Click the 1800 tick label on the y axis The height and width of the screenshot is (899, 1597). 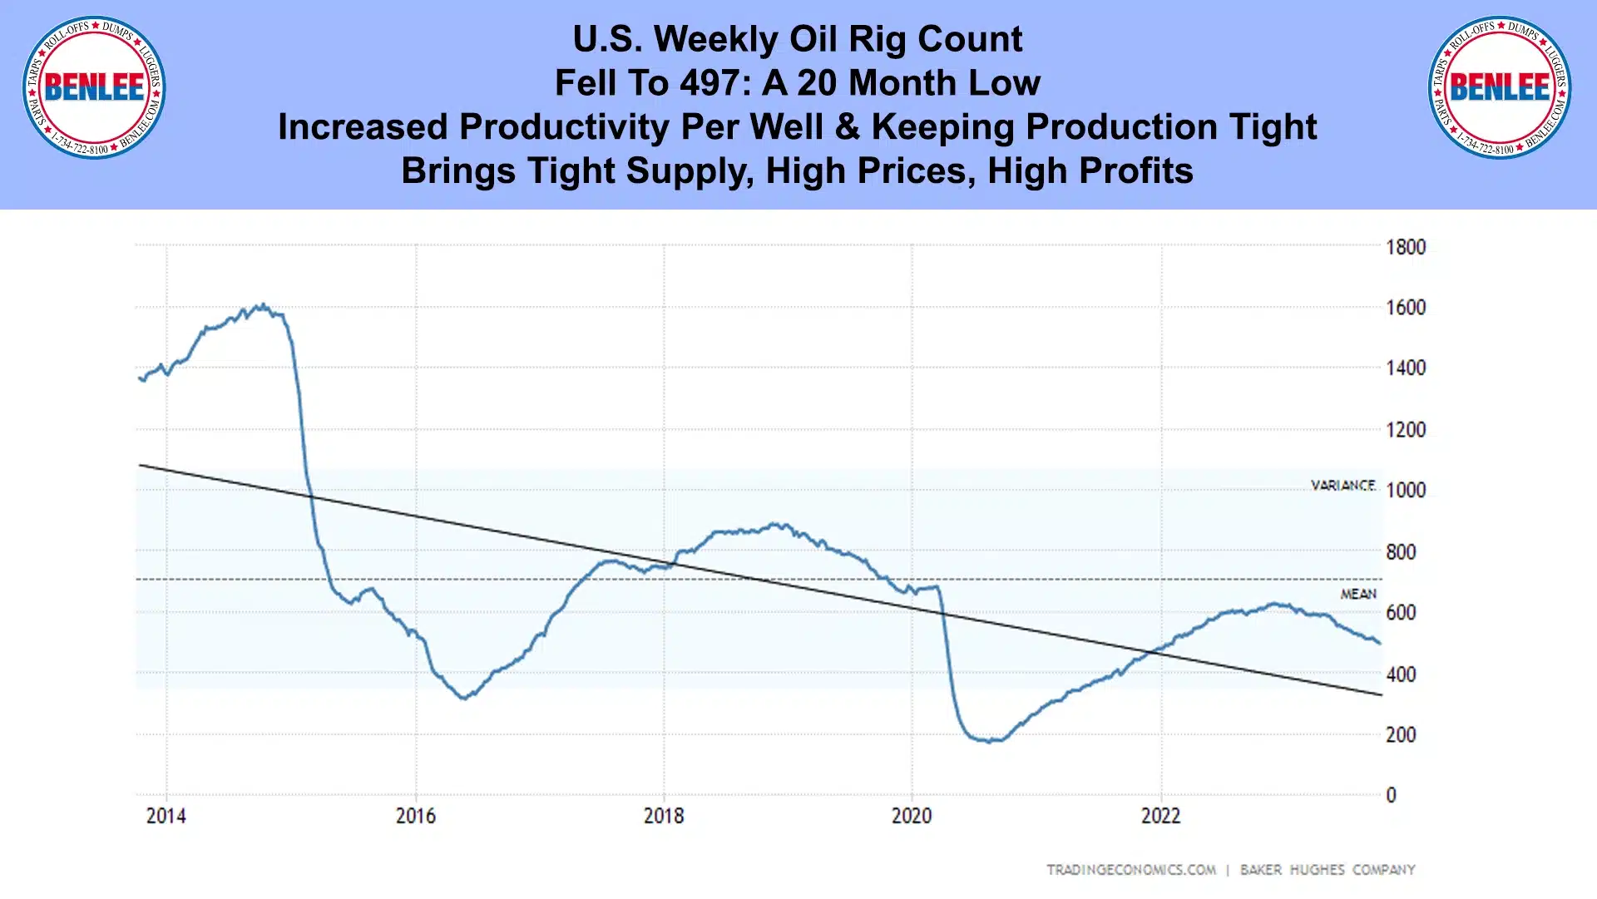pos(1405,247)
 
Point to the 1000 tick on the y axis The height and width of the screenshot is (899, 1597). pos(1405,490)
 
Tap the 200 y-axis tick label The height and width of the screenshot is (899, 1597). pos(1401,735)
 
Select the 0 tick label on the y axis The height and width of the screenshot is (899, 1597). pos(1391,796)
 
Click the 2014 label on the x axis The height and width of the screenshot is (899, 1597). pos(166,816)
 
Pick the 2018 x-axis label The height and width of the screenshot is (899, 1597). pos(664,816)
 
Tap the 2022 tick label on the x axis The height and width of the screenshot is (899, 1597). pos(1160,816)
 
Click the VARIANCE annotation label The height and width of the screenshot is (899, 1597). pos(1342,485)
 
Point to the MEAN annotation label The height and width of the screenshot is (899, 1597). pos(1357,594)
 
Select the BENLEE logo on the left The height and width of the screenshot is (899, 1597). pos(94,87)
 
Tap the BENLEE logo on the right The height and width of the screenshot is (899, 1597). pos(1500,87)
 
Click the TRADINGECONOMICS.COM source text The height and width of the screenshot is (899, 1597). pos(1130,870)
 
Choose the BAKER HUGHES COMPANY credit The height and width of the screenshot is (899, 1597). pos(1328,870)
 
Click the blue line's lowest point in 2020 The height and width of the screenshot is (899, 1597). pos(989,741)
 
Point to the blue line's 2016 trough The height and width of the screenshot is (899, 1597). pos(464,698)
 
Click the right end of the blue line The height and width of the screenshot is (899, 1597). pos(1380,643)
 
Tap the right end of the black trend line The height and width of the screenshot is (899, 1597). pos(1382,694)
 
